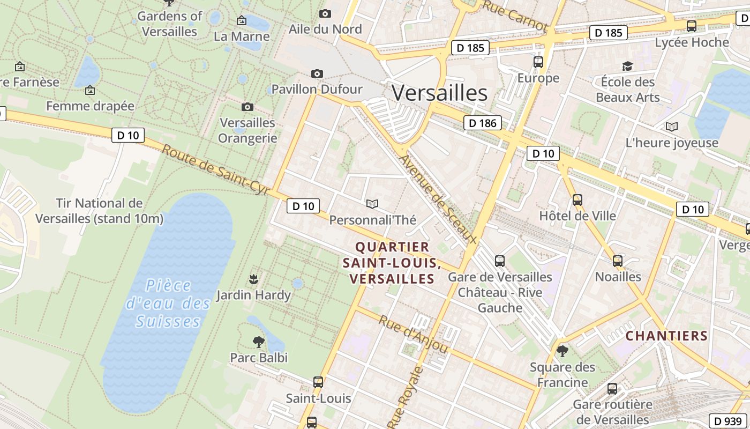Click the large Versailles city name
[x=439, y=93]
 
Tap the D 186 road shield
[x=482, y=123]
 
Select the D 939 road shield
[x=727, y=421]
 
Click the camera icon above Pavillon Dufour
[x=317, y=73]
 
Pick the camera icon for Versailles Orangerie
[x=247, y=107]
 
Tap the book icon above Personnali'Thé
[x=372, y=204]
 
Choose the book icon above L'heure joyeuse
[x=671, y=127]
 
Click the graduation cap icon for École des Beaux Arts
[x=627, y=66]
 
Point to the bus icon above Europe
[x=538, y=62]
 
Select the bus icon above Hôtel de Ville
[x=577, y=200]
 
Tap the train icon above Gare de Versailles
[x=500, y=261]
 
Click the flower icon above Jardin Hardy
[x=253, y=279]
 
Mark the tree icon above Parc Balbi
[x=259, y=342]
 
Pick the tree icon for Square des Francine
[x=562, y=351]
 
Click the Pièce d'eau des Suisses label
[x=168, y=303]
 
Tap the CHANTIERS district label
[x=666, y=336]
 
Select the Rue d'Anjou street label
[x=413, y=334]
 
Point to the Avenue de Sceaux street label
[x=438, y=199]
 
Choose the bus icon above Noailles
[x=618, y=261]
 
